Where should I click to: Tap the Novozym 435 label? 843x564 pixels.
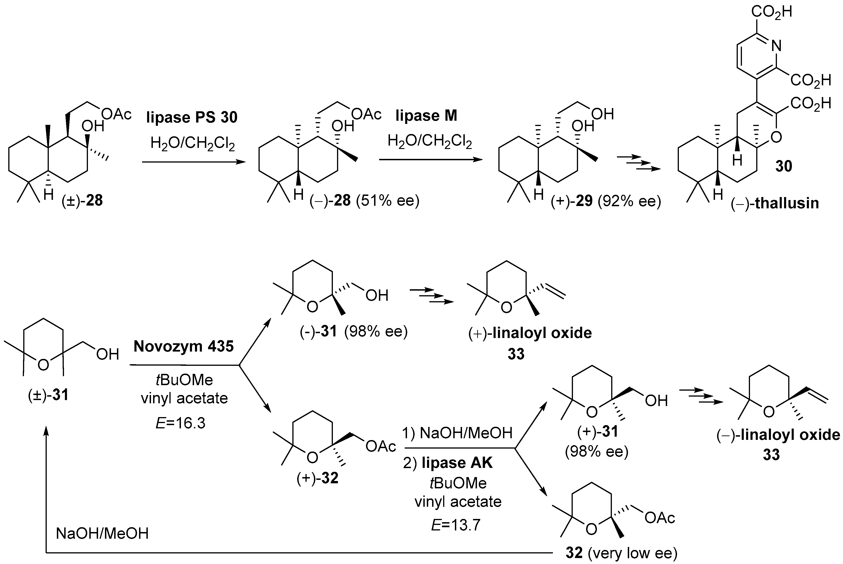click(x=184, y=346)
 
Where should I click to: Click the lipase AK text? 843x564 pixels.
click(x=457, y=463)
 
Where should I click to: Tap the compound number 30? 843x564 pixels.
click(x=784, y=166)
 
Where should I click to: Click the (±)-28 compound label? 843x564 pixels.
click(x=82, y=200)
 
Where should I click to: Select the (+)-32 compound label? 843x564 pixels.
click(x=317, y=478)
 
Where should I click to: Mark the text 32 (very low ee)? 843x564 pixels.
click(x=621, y=553)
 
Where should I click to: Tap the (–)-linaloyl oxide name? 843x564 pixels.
click(x=778, y=435)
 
